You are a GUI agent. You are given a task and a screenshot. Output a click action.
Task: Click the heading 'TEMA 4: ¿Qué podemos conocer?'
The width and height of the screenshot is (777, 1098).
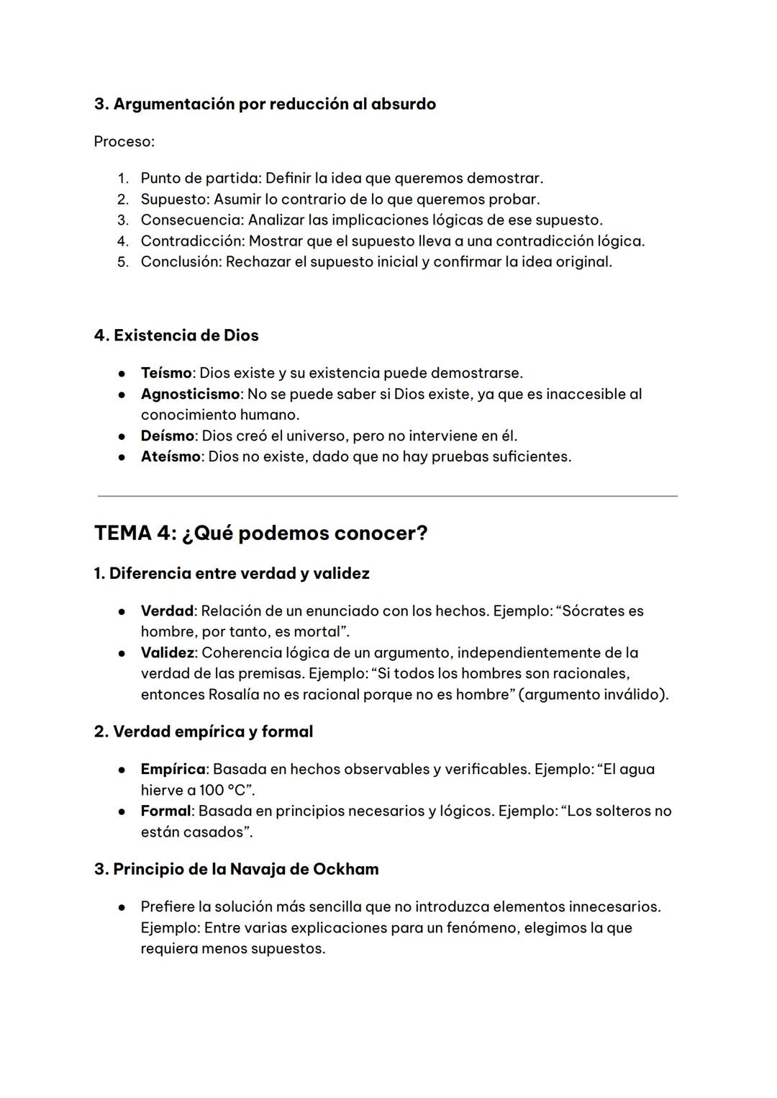pos(260,534)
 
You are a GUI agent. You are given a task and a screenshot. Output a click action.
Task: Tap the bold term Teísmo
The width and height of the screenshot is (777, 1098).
pos(165,373)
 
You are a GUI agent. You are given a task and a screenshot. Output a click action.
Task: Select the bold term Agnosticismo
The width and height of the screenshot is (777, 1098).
pos(190,394)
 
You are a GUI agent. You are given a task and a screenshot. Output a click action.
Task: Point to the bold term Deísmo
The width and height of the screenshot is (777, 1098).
pos(167,436)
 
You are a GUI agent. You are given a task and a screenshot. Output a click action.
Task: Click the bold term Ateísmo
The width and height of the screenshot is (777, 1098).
pos(170,456)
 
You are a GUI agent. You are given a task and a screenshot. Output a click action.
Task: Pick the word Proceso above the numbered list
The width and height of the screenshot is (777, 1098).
pos(123,141)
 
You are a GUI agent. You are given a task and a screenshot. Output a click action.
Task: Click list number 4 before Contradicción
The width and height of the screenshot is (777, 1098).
pos(123,240)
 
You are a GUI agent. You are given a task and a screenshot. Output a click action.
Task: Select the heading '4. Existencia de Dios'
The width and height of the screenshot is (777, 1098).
pos(176,336)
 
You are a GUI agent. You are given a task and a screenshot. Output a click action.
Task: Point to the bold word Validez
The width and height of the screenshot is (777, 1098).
pos(167,652)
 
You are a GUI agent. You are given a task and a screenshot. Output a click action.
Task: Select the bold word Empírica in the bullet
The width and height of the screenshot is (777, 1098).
pos(173,769)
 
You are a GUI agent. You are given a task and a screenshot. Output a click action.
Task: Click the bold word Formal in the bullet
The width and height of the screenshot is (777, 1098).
pos(165,811)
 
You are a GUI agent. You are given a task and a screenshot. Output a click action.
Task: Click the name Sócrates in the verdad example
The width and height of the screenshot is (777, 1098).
pos(594,611)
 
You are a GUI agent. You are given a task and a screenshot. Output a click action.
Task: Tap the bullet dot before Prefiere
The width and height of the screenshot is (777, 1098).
pos(123,907)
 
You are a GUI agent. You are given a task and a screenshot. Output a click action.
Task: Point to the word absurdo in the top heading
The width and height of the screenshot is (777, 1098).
pos(404,104)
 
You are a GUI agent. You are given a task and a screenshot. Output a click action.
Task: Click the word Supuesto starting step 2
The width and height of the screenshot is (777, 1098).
pos(174,199)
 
